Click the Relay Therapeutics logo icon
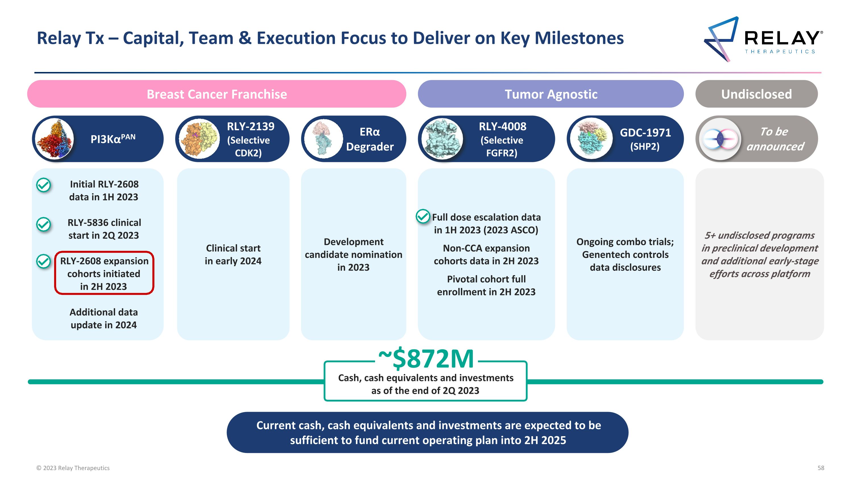pyautogui.click(x=721, y=39)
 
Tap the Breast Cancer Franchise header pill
pyautogui.click(x=217, y=94)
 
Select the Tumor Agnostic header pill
pyautogui.click(x=551, y=94)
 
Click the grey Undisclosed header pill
pyautogui.click(x=756, y=94)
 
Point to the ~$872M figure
pyautogui.click(x=426, y=359)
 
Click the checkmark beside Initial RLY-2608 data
pyautogui.click(x=44, y=185)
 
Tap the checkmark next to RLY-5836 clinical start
pyautogui.click(x=44, y=224)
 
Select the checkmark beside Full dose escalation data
pyautogui.click(x=423, y=217)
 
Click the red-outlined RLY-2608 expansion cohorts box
pyautogui.click(x=104, y=273)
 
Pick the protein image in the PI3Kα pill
pyautogui.click(x=54, y=139)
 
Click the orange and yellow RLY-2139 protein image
pyautogui.click(x=199, y=139)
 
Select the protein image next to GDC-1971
pyautogui.click(x=591, y=139)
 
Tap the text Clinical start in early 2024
pyautogui.click(x=233, y=254)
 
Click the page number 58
pyautogui.click(x=821, y=468)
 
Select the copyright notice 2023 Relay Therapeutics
pyautogui.click(x=73, y=468)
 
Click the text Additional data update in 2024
pyautogui.click(x=104, y=318)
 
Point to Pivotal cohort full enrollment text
pyautogui.click(x=486, y=285)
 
